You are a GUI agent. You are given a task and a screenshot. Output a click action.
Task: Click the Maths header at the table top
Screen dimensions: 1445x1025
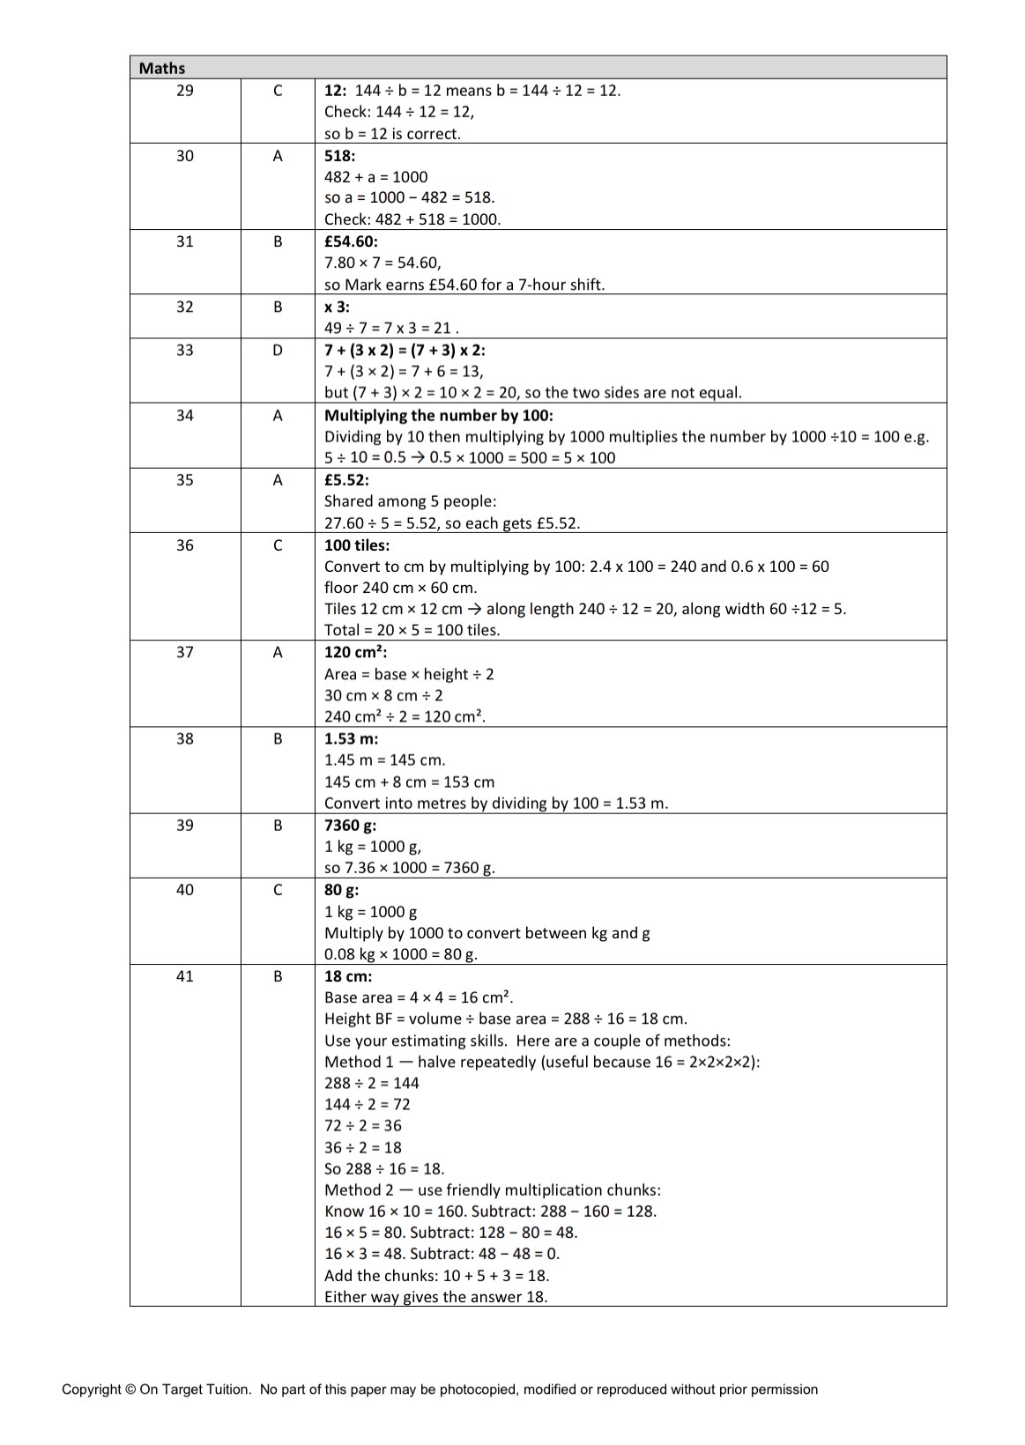tap(162, 68)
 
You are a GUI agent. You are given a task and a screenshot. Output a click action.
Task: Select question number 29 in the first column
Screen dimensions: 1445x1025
tap(185, 90)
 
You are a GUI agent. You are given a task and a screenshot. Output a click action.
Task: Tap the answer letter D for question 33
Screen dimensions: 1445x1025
tap(278, 350)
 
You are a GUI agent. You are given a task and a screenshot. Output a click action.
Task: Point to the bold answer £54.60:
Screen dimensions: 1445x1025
tap(351, 241)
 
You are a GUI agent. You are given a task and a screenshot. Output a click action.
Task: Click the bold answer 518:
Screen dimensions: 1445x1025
tap(339, 155)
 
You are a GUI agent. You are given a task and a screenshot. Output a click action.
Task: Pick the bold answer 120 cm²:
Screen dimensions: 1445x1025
tap(356, 652)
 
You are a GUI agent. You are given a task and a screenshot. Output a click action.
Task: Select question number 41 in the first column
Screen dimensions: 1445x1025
tap(185, 976)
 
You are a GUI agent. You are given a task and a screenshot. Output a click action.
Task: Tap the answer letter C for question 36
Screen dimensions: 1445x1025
tap(278, 545)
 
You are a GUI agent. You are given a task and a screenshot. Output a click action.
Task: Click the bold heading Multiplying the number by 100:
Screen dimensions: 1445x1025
tap(439, 415)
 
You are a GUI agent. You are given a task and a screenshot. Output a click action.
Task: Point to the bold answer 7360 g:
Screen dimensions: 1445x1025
tap(350, 826)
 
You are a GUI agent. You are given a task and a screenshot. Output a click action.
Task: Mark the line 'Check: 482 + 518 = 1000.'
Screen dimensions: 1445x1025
tap(412, 219)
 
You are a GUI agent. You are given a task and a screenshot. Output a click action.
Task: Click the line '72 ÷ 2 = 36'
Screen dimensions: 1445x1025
tap(363, 1126)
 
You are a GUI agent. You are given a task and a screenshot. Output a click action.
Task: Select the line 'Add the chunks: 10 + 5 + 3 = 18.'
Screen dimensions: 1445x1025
tap(437, 1276)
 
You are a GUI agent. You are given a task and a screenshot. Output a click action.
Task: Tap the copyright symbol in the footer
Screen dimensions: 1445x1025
tap(130, 1389)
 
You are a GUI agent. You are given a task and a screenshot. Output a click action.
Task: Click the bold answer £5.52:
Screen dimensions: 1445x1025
tap(346, 480)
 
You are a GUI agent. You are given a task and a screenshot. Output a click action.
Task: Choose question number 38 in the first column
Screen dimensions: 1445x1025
tap(185, 739)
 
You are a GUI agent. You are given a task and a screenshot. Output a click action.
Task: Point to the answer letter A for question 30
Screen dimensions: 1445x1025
tap(278, 156)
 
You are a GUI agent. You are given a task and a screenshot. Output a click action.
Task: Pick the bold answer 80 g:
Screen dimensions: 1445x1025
tap(341, 890)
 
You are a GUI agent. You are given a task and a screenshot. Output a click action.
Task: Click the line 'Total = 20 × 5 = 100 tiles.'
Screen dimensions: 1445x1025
tap(412, 630)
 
